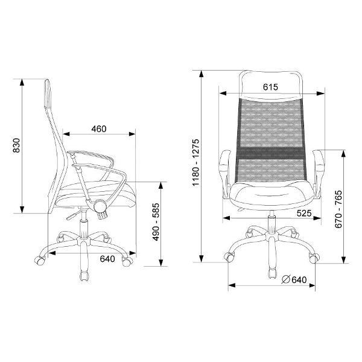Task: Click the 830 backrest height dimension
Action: coord(16,145)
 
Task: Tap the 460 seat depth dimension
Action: coord(99,129)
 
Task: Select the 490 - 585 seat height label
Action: coord(156,222)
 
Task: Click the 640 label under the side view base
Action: coord(107,259)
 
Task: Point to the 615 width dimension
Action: coord(270,87)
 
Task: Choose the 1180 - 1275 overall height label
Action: coord(195,162)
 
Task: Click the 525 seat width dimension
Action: coord(304,213)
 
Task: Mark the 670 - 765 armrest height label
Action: coord(338,209)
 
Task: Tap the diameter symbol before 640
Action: coord(286,279)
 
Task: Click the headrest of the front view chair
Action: coord(270,85)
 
